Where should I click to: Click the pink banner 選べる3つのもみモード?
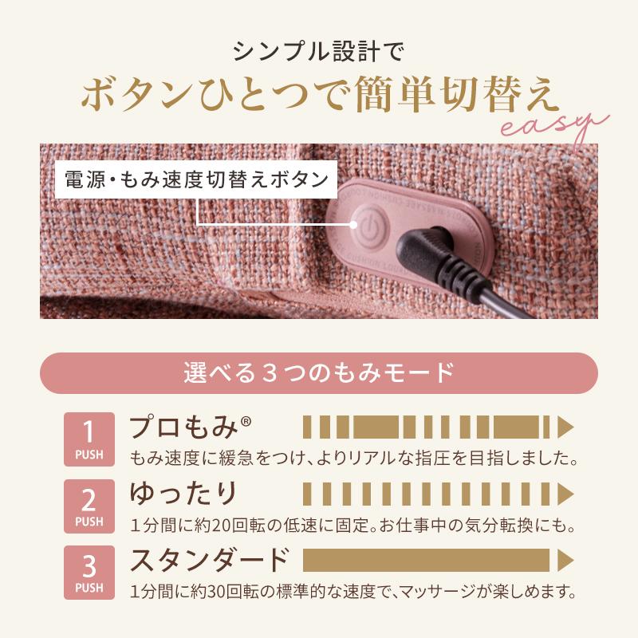coord(319,372)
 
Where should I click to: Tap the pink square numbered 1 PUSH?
coord(89,439)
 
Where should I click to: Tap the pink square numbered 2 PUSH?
coord(89,506)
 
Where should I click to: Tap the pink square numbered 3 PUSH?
coord(89,573)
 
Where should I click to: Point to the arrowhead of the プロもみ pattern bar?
coord(565,427)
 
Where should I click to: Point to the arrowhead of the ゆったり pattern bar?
coord(565,493)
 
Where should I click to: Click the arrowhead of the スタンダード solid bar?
coord(565,559)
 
